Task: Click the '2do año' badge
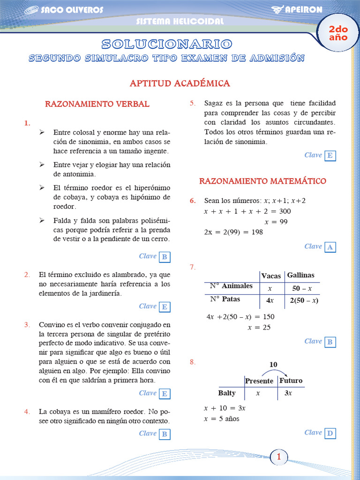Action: pyautogui.click(x=338, y=33)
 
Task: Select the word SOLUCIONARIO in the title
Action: pyautogui.click(x=166, y=44)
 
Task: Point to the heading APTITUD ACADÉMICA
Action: pyautogui.click(x=180, y=83)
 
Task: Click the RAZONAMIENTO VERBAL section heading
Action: pyautogui.click(x=97, y=104)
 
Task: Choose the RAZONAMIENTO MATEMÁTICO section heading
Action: pyautogui.click(x=262, y=181)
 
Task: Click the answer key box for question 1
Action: pyautogui.click(x=165, y=257)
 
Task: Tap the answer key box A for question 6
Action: pyautogui.click(x=330, y=247)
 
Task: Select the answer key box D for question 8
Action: pyautogui.click(x=330, y=433)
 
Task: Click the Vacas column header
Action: pyautogui.click(x=271, y=276)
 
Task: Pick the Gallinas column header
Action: pyautogui.click(x=300, y=275)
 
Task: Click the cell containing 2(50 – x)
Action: pyautogui.click(x=304, y=300)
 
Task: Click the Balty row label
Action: pyautogui.click(x=227, y=393)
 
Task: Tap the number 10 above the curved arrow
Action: pyautogui.click(x=273, y=364)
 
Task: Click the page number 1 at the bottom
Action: pyautogui.click(x=278, y=457)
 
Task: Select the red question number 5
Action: pyautogui.click(x=192, y=103)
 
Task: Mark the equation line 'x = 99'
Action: pyautogui.click(x=276, y=222)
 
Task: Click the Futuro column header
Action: pyautogui.click(x=291, y=381)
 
